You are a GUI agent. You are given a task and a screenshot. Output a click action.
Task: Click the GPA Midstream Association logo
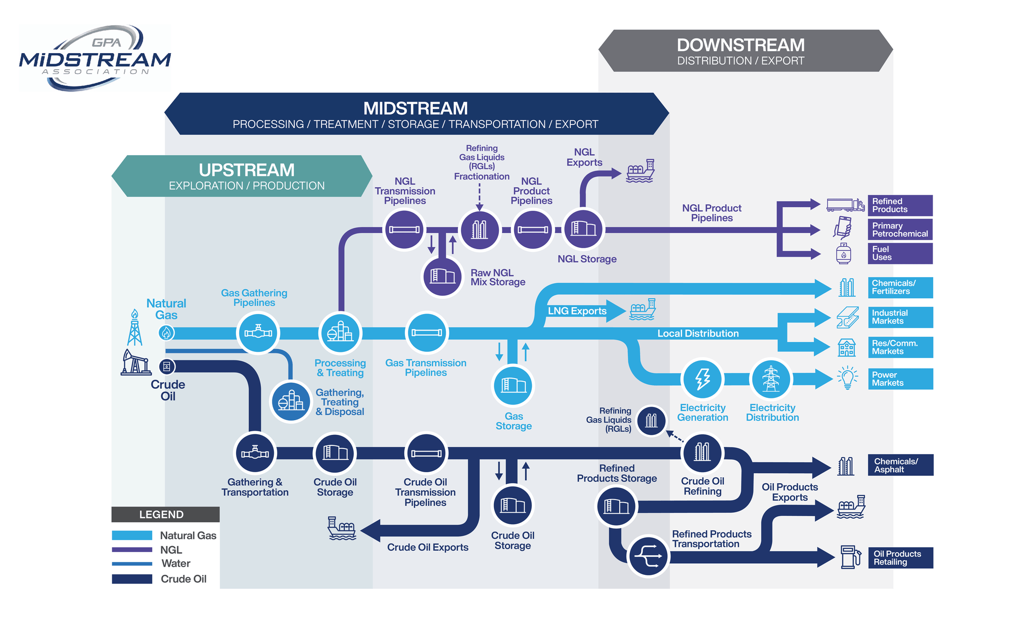click(95, 58)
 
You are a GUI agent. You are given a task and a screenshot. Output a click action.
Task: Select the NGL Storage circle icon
click(583, 229)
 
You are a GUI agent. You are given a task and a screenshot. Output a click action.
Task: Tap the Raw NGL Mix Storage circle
click(442, 276)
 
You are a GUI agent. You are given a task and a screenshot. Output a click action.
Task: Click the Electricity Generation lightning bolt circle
click(702, 379)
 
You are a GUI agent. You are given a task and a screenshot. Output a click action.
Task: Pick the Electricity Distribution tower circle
click(771, 379)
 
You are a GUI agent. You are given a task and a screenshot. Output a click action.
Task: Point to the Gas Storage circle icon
click(513, 385)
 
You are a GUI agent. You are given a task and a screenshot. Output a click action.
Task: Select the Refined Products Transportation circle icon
click(648, 556)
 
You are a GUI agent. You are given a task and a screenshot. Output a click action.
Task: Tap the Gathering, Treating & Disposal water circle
click(291, 401)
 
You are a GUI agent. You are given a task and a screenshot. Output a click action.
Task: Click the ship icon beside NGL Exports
click(640, 171)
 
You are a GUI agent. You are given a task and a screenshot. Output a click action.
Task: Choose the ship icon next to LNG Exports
click(642, 309)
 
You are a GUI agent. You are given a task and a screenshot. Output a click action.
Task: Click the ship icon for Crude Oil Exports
click(342, 528)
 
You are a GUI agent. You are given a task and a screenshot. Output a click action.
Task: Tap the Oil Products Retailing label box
click(900, 558)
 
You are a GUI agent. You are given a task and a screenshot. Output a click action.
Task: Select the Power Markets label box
click(900, 379)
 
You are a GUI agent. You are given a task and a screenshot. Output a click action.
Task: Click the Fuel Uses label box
click(900, 253)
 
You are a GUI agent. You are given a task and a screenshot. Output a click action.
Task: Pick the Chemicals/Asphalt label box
click(900, 465)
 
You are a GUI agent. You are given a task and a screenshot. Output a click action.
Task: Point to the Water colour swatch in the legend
click(132, 564)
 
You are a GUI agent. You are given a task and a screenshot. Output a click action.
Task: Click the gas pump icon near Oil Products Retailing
click(851, 557)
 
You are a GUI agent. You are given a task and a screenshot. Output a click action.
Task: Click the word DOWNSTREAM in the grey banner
click(741, 45)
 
